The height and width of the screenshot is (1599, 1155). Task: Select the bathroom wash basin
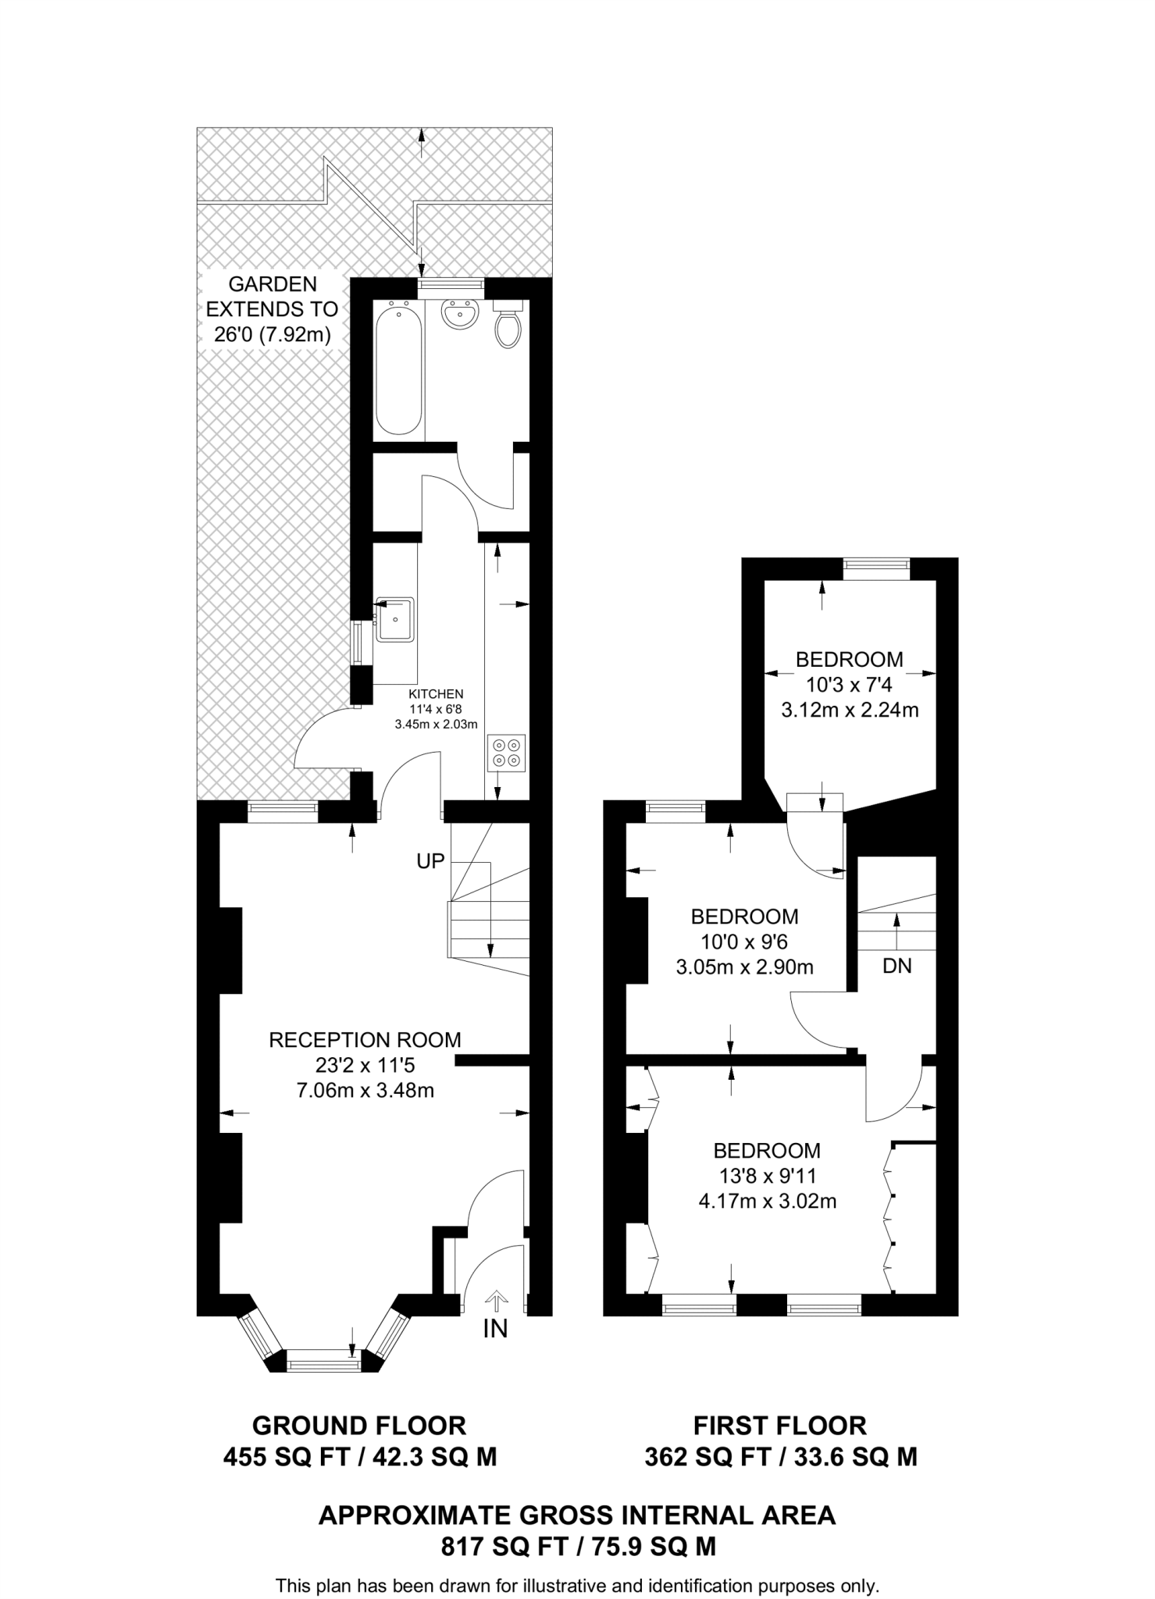tap(459, 315)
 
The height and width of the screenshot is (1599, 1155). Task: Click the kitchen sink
tap(395, 619)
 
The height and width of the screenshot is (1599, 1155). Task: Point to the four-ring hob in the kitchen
tap(506, 752)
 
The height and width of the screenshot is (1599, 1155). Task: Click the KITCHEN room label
tap(436, 693)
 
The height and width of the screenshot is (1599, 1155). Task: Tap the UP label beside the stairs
tap(430, 861)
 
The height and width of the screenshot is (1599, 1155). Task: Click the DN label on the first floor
tap(897, 966)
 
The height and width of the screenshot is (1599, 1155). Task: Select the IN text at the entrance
tap(495, 1328)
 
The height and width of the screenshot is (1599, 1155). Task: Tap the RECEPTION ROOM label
tap(365, 1040)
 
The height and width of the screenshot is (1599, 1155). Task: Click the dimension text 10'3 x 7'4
tap(849, 685)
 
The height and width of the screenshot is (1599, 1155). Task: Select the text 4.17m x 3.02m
tap(767, 1201)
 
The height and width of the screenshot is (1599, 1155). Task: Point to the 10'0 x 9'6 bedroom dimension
tap(744, 942)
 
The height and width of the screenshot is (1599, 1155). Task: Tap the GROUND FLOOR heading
tap(359, 1426)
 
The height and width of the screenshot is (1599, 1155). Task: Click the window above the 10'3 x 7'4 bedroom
tap(876, 568)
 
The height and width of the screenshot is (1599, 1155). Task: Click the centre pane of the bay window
tap(324, 1364)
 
